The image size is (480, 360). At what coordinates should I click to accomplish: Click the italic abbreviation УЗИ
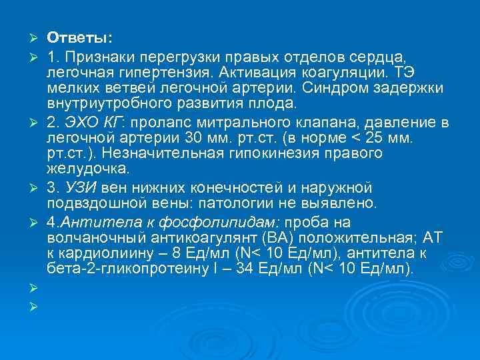click(x=77, y=187)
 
